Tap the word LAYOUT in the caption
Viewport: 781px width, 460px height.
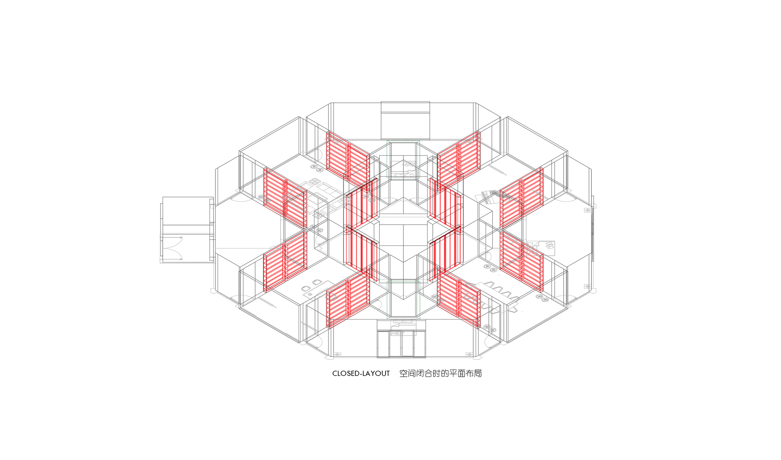pyautogui.click(x=376, y=374)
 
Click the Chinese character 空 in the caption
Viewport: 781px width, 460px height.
pyautogui.click(x=404, y=374)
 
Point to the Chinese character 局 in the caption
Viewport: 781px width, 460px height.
pyautogui.click(x=478, y=374)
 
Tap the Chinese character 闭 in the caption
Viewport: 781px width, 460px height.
pyautogui.click(x=420, y=374)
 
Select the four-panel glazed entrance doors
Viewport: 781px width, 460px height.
pyautogui.click(x=401, y=344)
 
